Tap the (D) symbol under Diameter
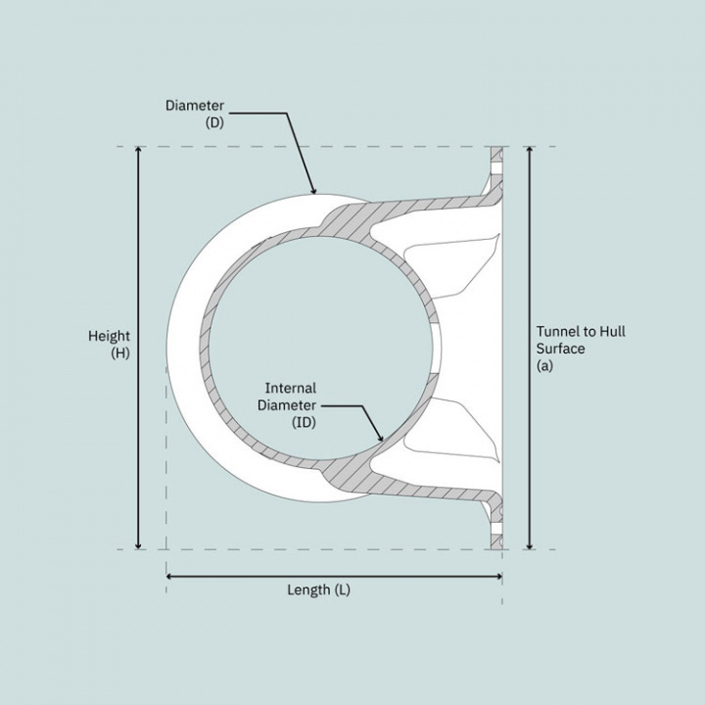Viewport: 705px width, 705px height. (x=214, y=122)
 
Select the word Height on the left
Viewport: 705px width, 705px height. (x=109, y=336)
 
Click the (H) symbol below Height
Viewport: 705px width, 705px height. (x=120, y=352)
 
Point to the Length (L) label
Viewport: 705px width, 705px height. (x=318, y=589)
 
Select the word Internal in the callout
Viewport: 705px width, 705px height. (x=291, y=388)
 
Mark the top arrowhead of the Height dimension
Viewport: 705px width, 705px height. (x=139, y=151)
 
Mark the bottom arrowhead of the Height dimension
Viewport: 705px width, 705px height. (x=139, y=545)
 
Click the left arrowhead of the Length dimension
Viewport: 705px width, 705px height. (x=170, y=577)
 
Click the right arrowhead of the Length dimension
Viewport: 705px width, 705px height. (x=498, y=577)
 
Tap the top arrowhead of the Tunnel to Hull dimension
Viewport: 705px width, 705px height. (x=530, y=151)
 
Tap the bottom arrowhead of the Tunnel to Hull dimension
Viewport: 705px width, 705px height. (x=530, y=545)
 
